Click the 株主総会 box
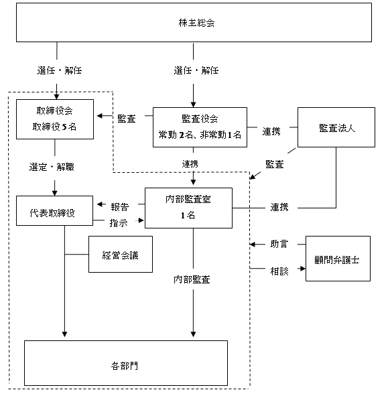(194, 22)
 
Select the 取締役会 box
(55, 119)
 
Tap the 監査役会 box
(200, 127)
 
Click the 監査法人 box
(336, 127)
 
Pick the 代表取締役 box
(54, 211)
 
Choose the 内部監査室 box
(188, 208)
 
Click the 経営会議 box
(121, 254)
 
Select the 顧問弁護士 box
(338, 259)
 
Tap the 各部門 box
(126, 363)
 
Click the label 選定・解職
(52, 167)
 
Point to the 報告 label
(120, 207)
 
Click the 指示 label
(119, 223)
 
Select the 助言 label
(279, 244)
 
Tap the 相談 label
(279, 271)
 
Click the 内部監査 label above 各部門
(192, 279)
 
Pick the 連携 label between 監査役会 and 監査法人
(271, 131)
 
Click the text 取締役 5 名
(54, 127)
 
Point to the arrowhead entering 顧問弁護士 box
(303, 269)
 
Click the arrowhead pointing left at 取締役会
(100, 116)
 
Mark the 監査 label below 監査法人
(274, 164)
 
